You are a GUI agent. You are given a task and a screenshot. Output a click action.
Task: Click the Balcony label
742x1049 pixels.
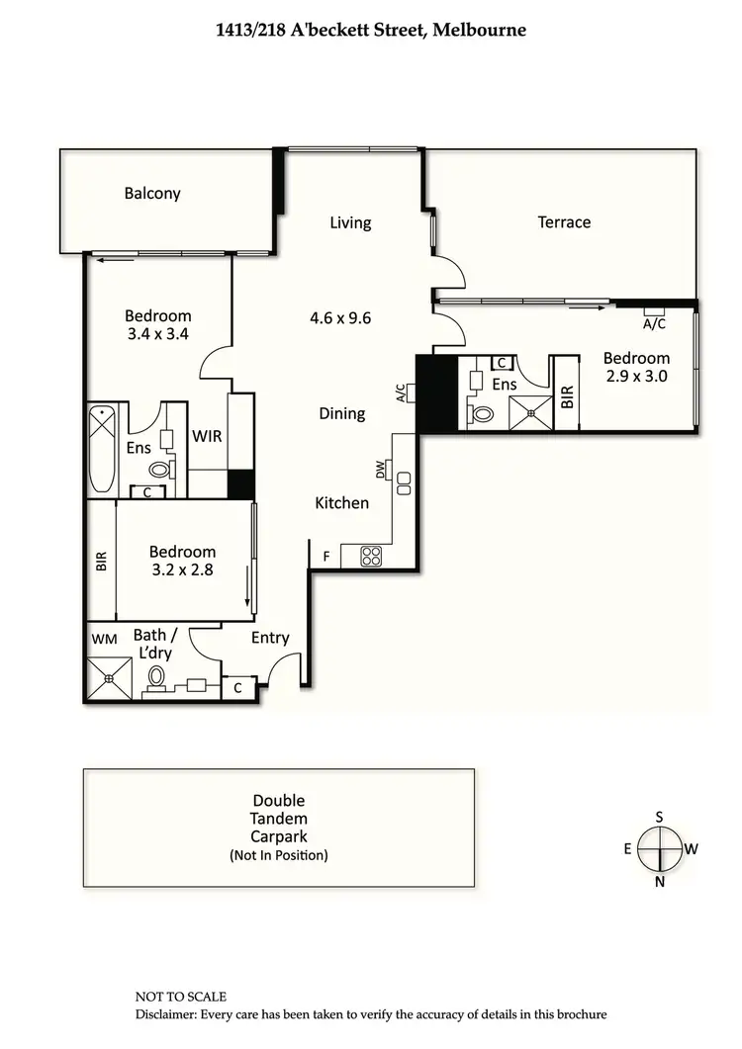(152, 193)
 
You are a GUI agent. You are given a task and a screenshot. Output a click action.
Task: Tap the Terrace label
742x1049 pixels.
(564, 222)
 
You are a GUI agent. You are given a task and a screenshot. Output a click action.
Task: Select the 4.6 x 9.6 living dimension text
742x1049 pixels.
(340, 318)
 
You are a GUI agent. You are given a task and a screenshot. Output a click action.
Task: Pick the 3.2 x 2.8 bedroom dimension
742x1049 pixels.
(182, 569)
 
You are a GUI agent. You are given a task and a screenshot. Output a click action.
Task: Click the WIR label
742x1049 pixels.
(207, 436)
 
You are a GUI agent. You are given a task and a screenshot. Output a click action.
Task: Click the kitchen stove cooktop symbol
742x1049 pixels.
(371, 557)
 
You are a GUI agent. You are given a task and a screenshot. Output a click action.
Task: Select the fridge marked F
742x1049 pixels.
(325, 558)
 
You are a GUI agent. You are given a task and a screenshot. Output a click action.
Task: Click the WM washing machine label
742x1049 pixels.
(104, 640)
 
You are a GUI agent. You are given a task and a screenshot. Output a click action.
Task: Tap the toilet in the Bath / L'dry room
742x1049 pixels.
(156, 678)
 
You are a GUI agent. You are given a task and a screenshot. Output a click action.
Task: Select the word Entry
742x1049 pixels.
(269, 638)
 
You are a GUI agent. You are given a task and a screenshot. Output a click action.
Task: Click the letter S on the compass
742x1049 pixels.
(660, 817)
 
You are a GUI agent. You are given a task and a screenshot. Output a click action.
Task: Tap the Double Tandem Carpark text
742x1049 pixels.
(278, 819)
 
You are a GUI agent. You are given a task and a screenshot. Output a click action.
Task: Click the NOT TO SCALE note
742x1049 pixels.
(181, 997)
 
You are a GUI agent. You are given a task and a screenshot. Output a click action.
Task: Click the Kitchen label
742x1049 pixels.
(341, 503)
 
